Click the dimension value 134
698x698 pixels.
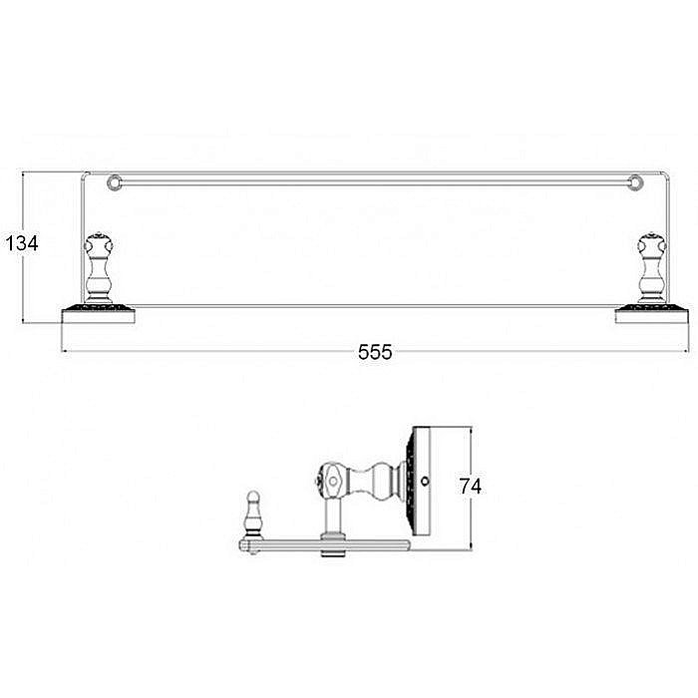21,243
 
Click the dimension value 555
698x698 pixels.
375,352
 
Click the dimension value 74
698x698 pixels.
470,486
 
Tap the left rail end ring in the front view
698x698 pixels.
115,182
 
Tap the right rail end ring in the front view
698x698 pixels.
635,182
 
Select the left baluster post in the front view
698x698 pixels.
99,268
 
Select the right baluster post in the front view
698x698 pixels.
652,268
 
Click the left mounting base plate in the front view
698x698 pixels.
98,314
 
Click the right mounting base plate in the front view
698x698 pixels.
652,314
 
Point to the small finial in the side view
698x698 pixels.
252,515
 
